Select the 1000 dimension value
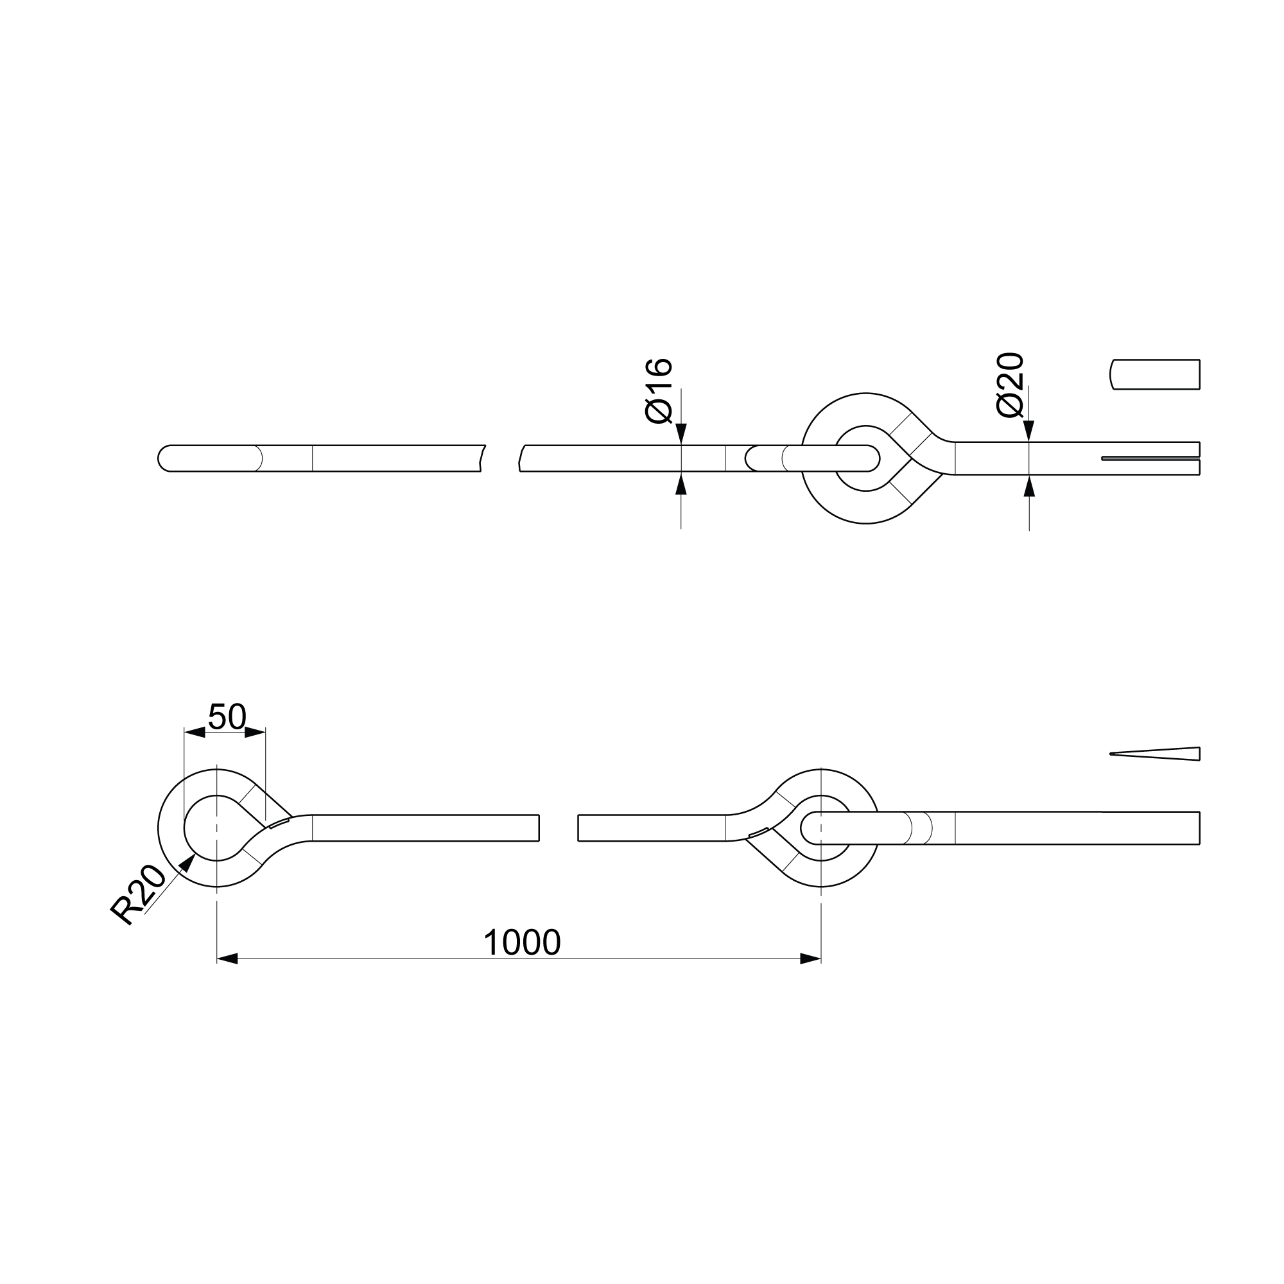pos(523,942)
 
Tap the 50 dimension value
pos(227,717)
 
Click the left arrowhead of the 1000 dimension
pos(227,959)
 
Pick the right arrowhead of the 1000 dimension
pos(811,959)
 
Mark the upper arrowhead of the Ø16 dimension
pos(681,434)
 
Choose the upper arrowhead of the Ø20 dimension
pos(1028,431)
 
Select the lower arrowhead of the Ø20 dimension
pos(1028,486)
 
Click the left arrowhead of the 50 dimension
pos(194,733)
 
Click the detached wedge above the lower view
pos(1155,754)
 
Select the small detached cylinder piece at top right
pos(1155,374)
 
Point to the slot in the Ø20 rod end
pos(1150,458)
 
